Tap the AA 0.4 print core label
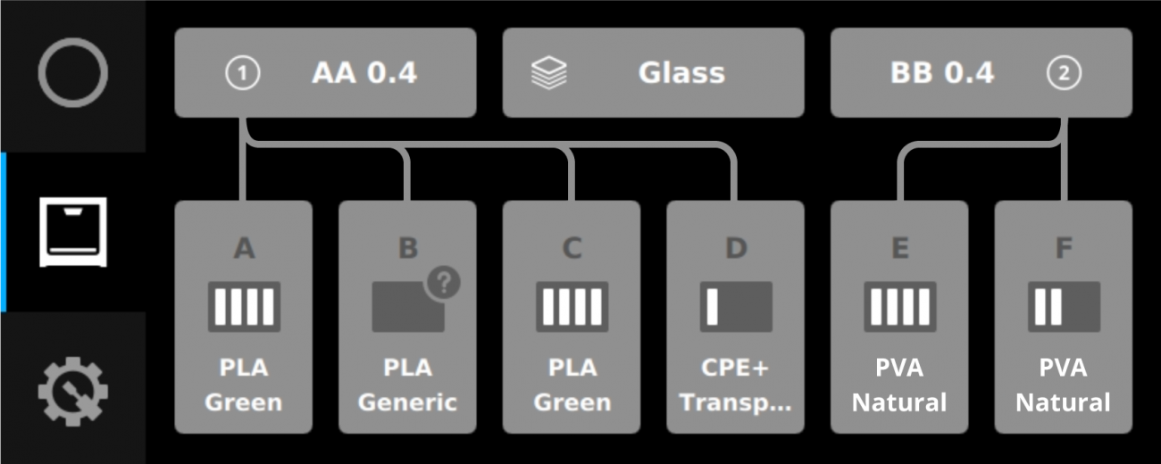tap(364, 73)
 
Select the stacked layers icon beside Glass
tap(549, 73)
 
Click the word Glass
tap(681, 73)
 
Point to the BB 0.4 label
tap(942, 73)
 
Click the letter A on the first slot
tap(244, 249)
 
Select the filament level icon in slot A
tap(244, 307)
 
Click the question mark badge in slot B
tap(443, 283)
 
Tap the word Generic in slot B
tap(407, 402)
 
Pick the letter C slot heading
tap(572, 249)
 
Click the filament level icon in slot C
tap(572, 307)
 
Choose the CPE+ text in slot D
tap(735, 368)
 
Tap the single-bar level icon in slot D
tap(735, 307)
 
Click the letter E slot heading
tap(899, 249)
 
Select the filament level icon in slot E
tap(899, 307)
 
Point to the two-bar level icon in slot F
tap(1064, 307)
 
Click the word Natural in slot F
tap(1064, 402)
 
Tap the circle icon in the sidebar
tap(73, 73)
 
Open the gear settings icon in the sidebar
tap(73, 391)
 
